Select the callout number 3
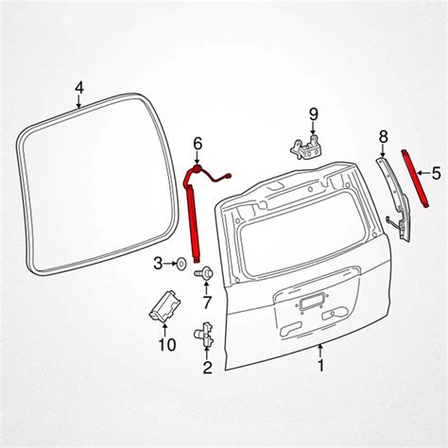157,262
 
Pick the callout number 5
437,173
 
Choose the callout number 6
198,143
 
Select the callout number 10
166,344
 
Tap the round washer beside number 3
180,262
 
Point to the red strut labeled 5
419,181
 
